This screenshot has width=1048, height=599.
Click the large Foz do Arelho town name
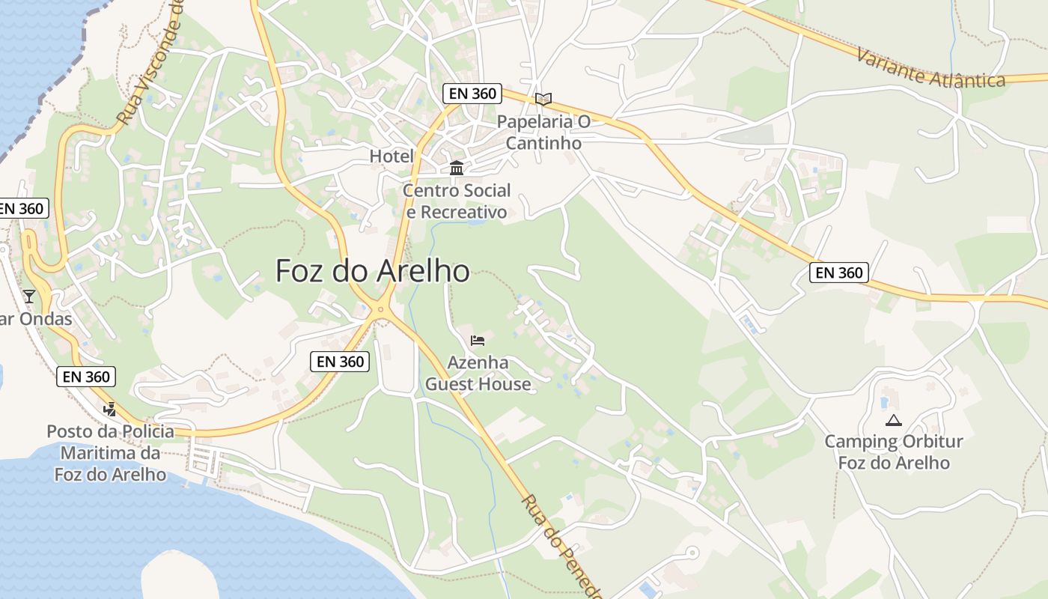click(372, 271)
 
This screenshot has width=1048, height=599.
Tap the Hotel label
click(392, 156)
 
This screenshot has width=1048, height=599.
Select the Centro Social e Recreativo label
click(457, 201)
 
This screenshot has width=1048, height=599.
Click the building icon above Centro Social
click(457, 168)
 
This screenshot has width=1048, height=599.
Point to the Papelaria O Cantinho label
click(543, 132)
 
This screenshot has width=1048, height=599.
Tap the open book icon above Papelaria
click(543, 99)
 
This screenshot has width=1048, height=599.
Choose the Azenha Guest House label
click(478, 374)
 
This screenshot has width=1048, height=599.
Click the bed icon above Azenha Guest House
click(478, 341)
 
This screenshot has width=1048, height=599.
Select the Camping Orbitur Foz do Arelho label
click(894, 452)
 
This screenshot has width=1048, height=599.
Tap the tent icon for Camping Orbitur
click(894, 420)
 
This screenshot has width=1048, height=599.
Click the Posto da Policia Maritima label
click(110, 453)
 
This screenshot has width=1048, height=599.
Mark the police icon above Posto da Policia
click(110, 409)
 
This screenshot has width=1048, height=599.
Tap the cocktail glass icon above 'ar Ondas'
click(29, 297)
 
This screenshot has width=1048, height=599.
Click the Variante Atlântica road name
click(930, 68)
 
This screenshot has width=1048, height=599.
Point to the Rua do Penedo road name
click(561, 547)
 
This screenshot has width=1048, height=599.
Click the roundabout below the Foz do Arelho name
click(381, 309)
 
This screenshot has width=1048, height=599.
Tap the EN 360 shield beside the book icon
click(472, 94)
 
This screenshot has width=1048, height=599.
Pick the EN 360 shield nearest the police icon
click(87, 377)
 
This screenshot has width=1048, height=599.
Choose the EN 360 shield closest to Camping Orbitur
click(839, 273)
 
